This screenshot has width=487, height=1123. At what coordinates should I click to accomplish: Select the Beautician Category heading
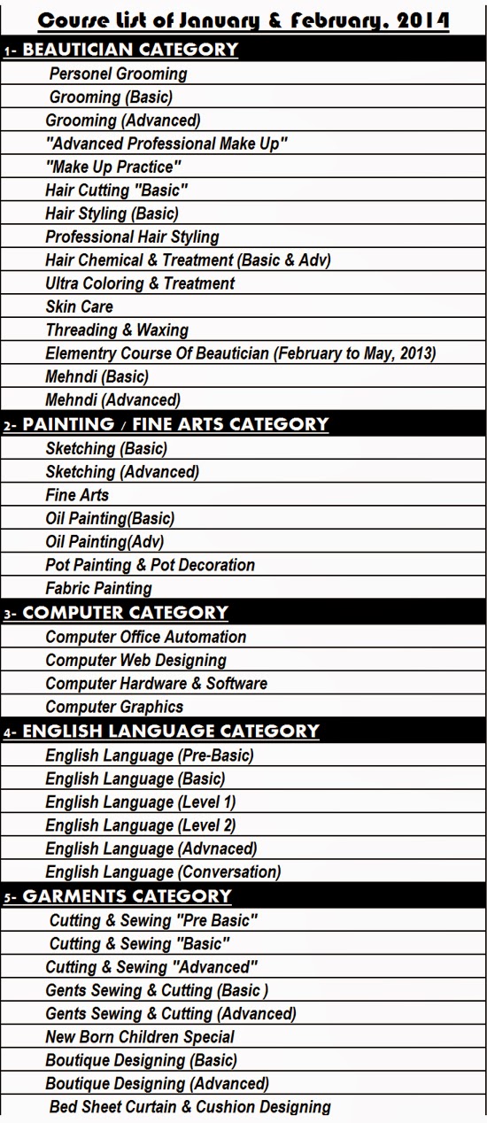pos(130,50)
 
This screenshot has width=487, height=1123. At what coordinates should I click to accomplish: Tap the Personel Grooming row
pos(118,74)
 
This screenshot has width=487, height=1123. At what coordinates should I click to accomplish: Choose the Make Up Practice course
pos(113,167)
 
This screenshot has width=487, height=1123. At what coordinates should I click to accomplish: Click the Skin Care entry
pos(80,306)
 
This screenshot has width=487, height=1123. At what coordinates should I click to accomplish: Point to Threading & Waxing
pos(117,329)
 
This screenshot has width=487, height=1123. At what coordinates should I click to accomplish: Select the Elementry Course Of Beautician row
pos(240,353)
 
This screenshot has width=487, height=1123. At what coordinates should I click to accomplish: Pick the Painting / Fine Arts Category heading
pos(175,424)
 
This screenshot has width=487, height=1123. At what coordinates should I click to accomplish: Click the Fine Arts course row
pos(77,495)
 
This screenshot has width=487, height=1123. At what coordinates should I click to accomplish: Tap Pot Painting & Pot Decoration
pos(150,565)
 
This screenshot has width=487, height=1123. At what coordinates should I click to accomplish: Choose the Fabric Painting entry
pos(98,588)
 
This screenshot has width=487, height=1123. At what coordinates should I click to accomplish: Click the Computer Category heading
pos(125,613)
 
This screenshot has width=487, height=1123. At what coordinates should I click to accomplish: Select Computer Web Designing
pos(135,660)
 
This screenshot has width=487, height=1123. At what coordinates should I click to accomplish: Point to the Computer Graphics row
pos(114,707)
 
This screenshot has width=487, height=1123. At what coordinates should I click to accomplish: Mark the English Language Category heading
pos(171,732)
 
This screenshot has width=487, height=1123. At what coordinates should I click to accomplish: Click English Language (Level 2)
pos(140,825)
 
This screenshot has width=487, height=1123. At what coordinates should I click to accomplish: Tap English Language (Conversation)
pos(163,871)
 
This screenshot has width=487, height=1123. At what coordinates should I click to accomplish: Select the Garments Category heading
pos(127,896)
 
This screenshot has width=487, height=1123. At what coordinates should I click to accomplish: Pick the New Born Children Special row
pos(140,1036)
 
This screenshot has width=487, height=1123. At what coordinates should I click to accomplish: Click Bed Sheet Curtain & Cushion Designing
pos(189,1106)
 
